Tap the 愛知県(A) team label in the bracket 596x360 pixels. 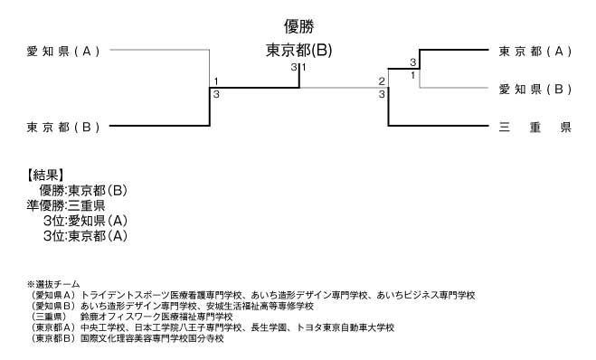[x=63, y=52]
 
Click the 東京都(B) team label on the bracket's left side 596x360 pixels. [x=63, y=127]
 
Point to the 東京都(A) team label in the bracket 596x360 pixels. [x=535, y=52]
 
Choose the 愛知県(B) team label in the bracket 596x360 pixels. [x=535, y=89]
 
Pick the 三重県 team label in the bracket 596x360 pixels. [x=535, y=127]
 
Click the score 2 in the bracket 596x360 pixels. [x=383, y=81]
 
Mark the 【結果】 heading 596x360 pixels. [x=45, y=175]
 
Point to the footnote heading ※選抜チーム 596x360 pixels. [x=53, y=284]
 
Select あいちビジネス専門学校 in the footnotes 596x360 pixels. [x=425, y=295]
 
